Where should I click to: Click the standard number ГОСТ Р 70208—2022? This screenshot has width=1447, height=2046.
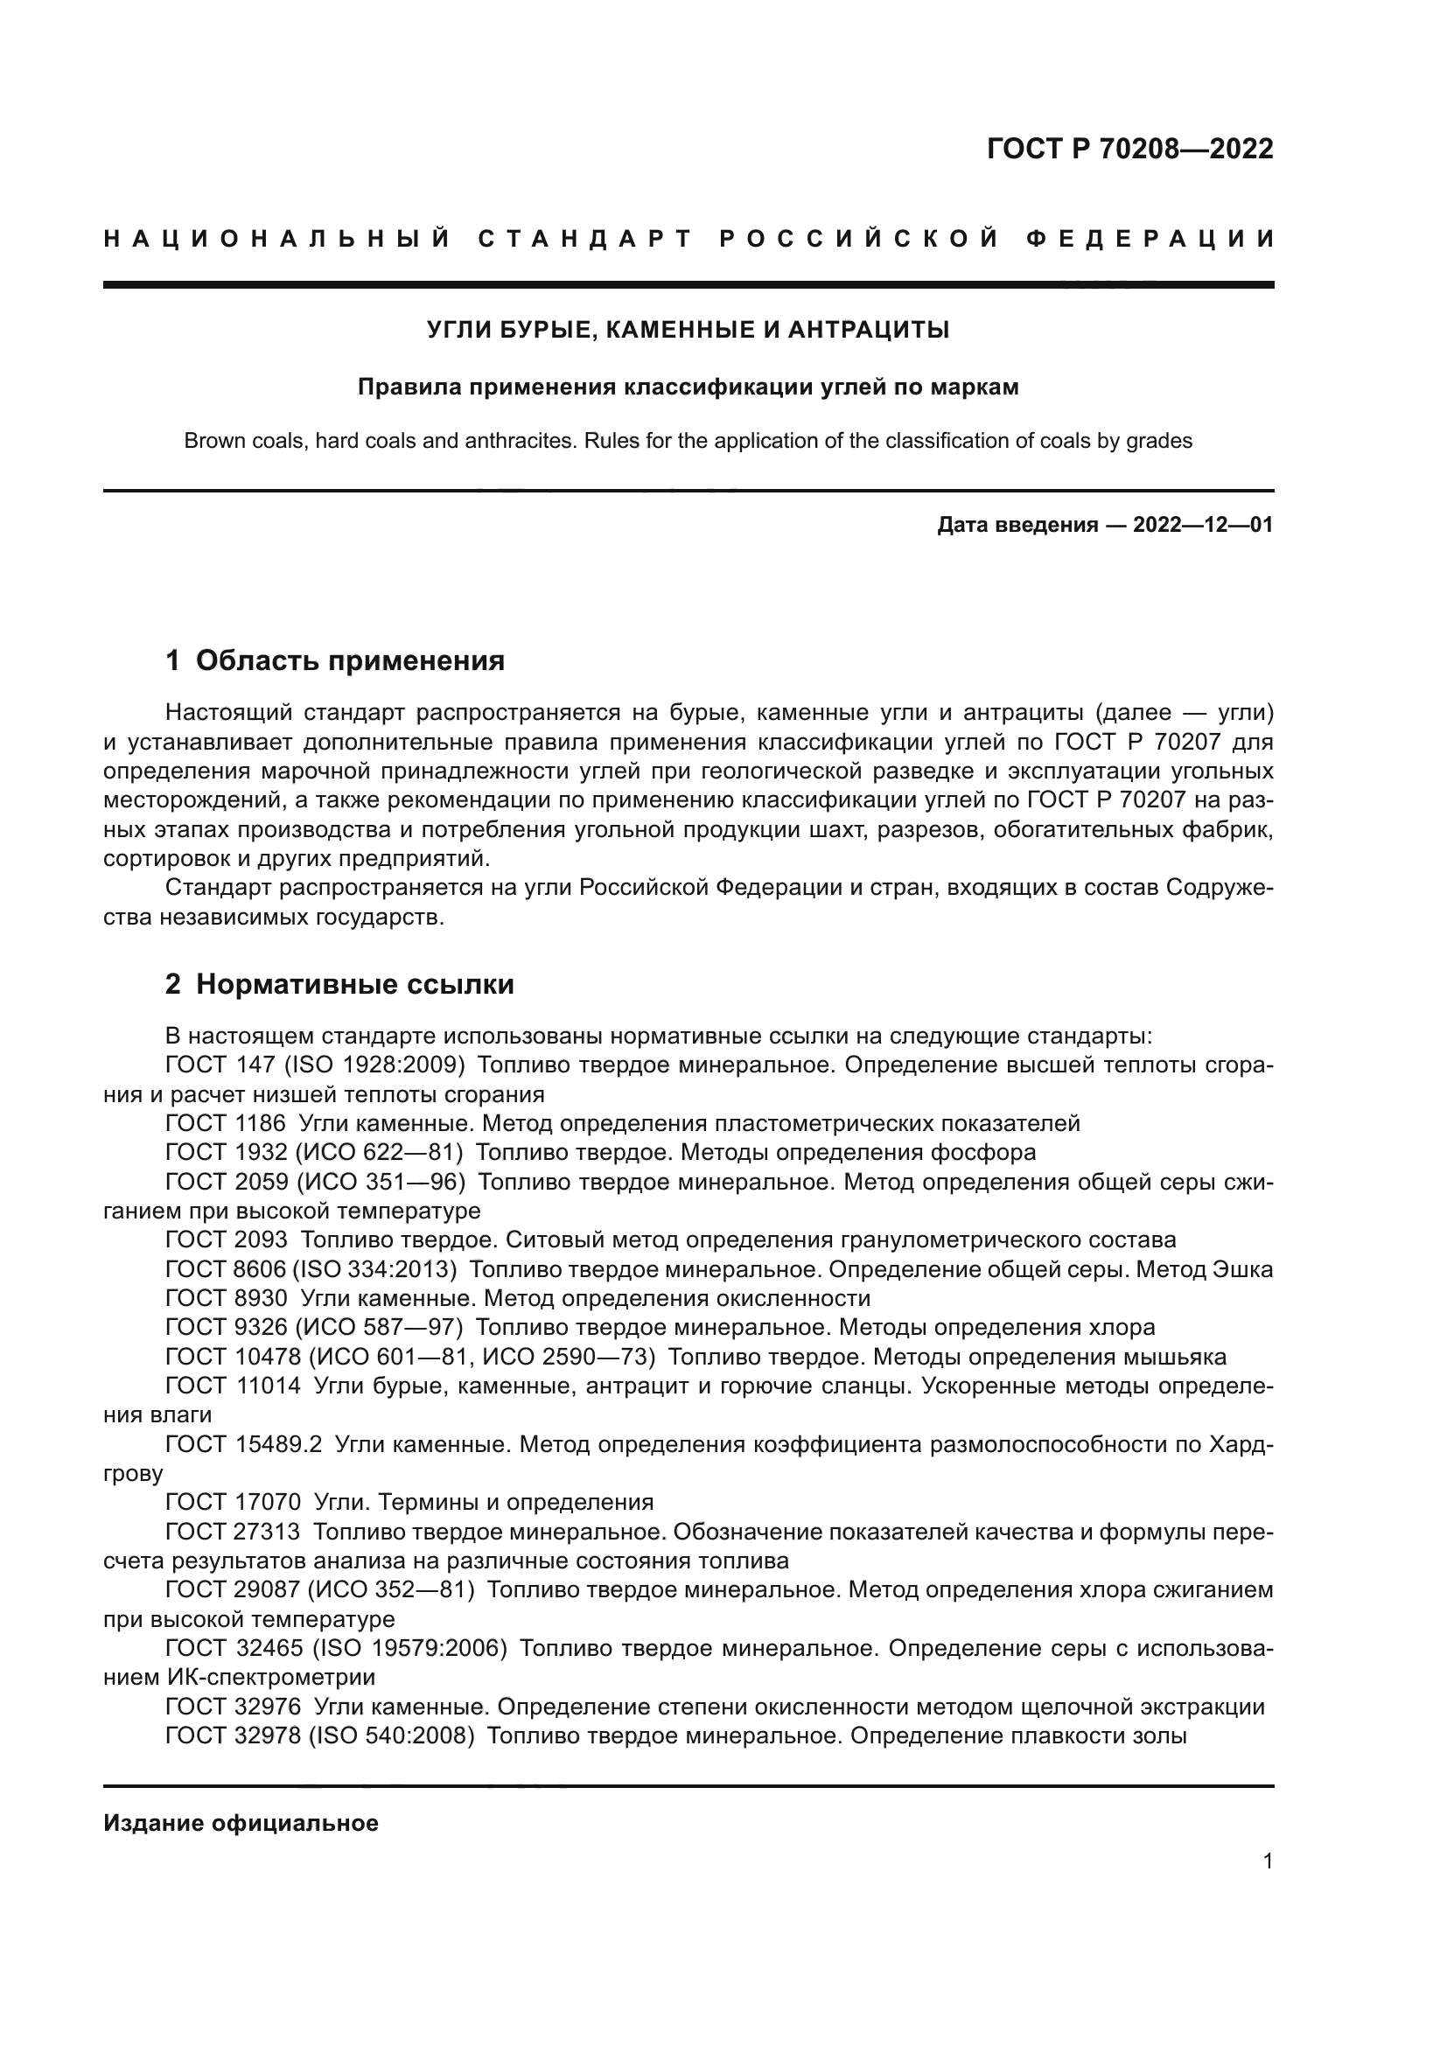pyautogui.click(x=1129, y=149)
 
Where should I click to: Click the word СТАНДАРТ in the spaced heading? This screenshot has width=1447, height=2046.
pyautogui.click(x=585, y=239)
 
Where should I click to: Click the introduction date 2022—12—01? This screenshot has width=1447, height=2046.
pyautogui.click(x=1202, y=525)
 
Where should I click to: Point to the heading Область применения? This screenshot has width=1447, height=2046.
pyautogui.click(x=350, y=660)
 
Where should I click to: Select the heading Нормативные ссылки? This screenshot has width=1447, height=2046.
pyautogui.click(x=354, y=984)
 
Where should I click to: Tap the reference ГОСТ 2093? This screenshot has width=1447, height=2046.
pyautogui.click(x=227, y=1239)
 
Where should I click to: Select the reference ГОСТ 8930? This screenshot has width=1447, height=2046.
pyautogui.click(x=227, y=1297)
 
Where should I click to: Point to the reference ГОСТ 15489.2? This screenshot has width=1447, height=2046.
pyautogui.click(x=243, y=1443)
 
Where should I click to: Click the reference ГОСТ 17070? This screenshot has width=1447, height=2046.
pyautogui.click(x=233, y=1502)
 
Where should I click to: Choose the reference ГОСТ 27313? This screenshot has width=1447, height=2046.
pyautogui.click(x=233, y=1532)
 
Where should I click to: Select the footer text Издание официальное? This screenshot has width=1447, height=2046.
pyautogui.click(x=241, y=1823)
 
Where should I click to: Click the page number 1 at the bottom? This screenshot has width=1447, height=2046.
pyautogui.click(x=1267, y=1861)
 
